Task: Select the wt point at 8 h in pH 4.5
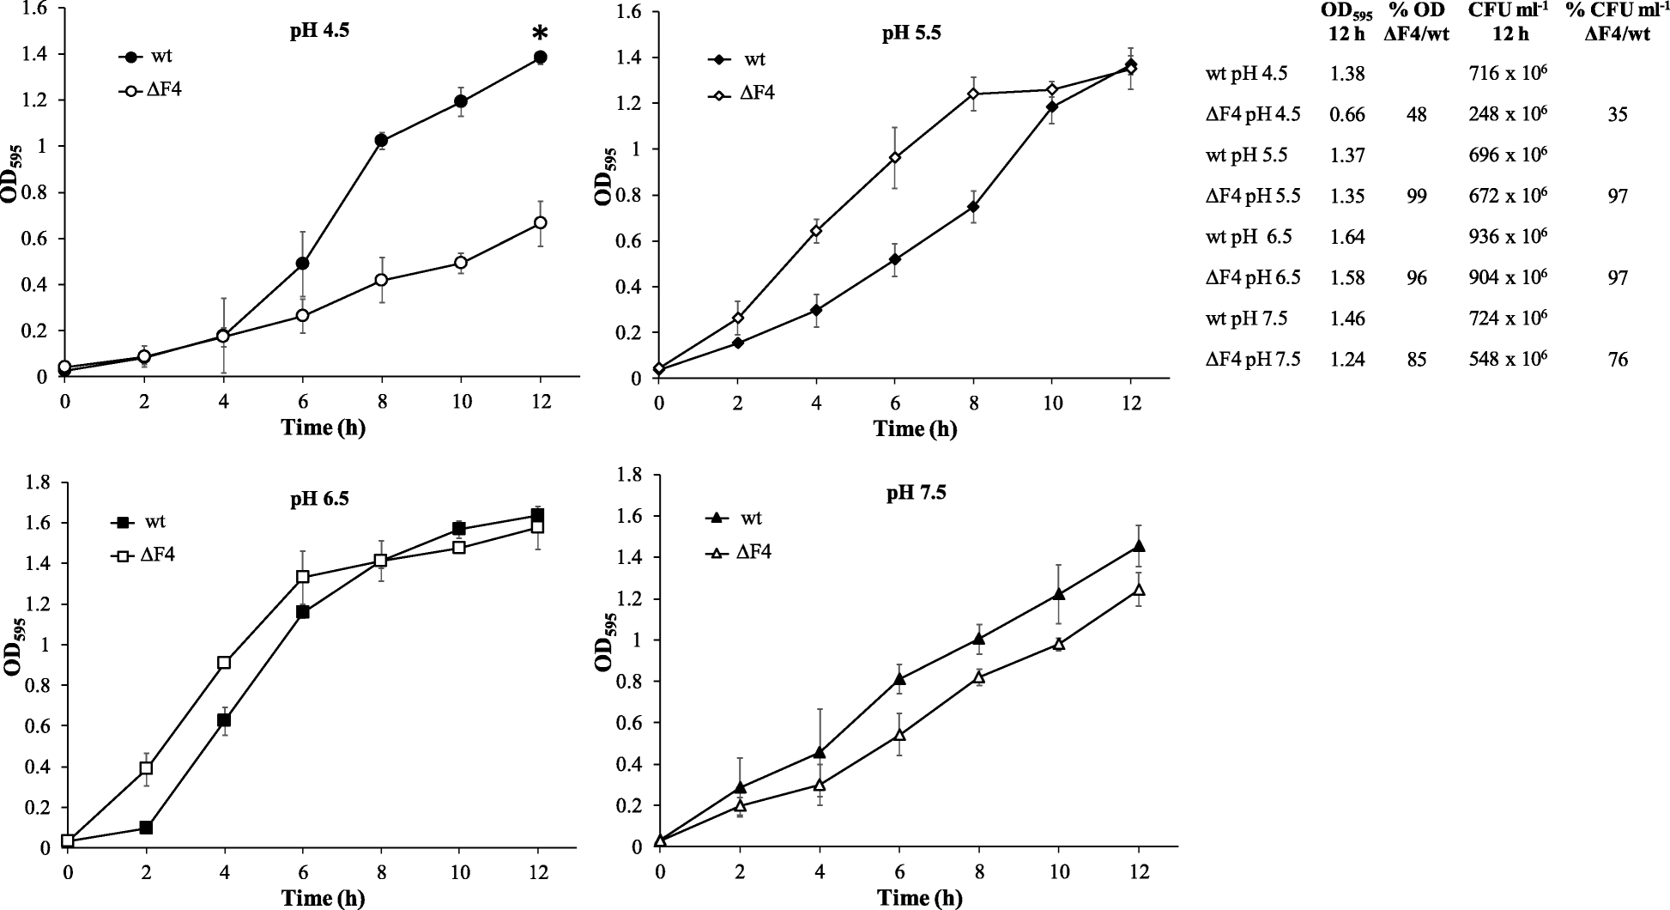pos(381,141)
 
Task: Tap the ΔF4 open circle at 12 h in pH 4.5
pos(540,223)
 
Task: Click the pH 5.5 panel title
pos(913,34)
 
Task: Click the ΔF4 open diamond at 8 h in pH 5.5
pos(973,94)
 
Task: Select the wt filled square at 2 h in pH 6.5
pos(146,828)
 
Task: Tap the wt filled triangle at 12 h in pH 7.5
pos(1139,546)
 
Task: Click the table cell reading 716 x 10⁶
pos(1508,74)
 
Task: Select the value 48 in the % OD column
pos(1417,115)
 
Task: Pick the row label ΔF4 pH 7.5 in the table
pos(1253,360)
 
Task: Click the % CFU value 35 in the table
pos(1618,115)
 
